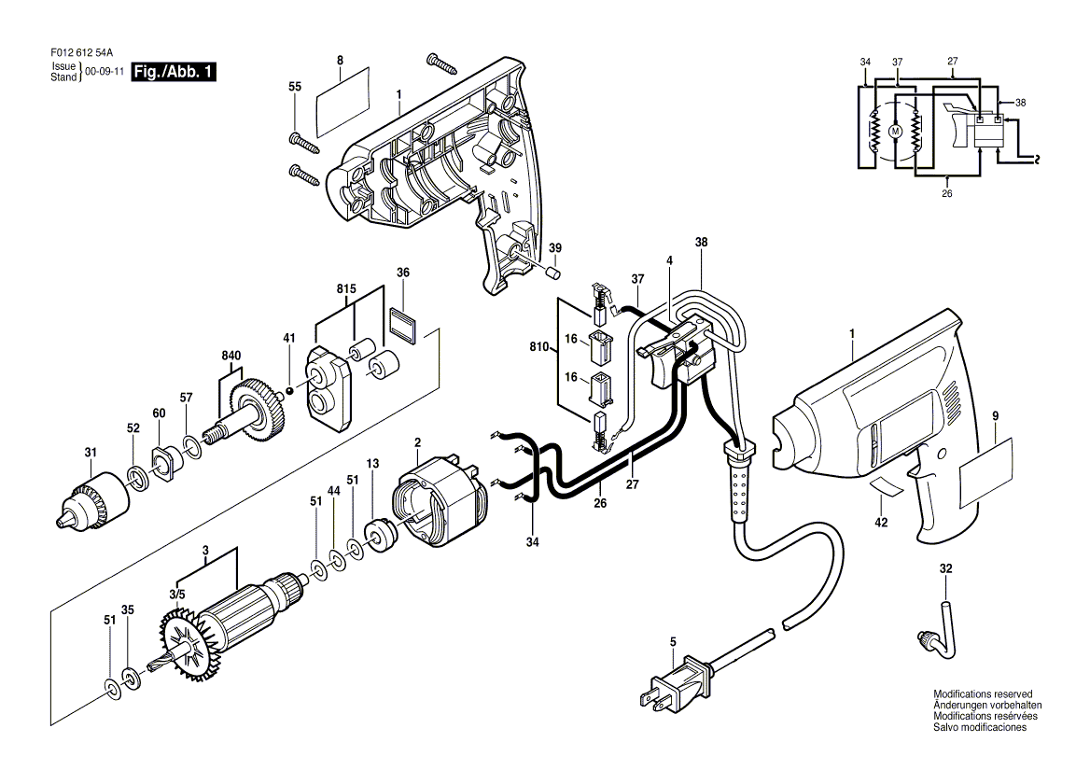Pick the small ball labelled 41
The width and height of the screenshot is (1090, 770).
point(290,389)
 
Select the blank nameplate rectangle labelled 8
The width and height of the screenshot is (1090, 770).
point(340,112)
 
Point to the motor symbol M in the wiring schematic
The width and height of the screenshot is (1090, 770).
point(896,133)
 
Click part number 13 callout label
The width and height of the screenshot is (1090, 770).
point(373,463)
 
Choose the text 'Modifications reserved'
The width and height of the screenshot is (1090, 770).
point(983,695)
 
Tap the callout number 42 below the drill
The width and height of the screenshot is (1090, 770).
point(880,523)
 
